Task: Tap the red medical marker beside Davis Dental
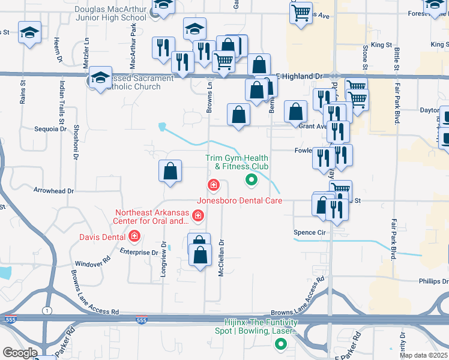pos(134,236)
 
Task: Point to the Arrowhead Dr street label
pos(53,191)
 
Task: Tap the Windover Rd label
pos(93,263)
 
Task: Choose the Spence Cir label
pos(309,232)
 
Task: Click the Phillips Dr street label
pos(433,281)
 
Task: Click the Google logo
pos(20,353)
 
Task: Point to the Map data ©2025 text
pos(424,355)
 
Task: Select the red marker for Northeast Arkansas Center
pos(198,215)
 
